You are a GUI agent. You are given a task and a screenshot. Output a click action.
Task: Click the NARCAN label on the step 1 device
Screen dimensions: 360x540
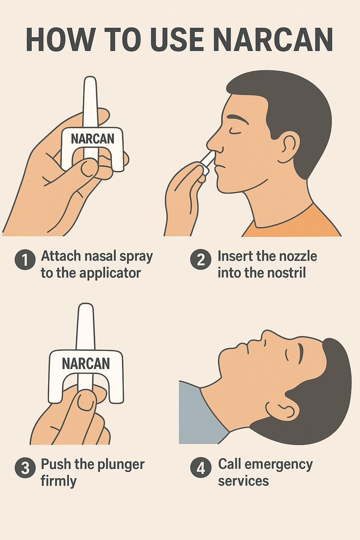(92, 139)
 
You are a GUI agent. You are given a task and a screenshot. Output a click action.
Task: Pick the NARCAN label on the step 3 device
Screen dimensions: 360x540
(85, 364)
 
